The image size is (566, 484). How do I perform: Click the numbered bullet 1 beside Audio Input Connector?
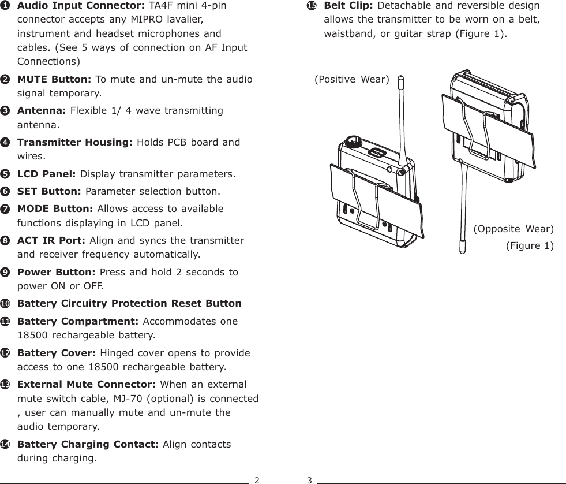(5, 6)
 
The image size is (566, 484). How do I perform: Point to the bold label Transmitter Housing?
(75, 142)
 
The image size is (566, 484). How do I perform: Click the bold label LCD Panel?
(47, 174)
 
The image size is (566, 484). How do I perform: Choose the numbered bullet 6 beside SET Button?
(5, 191)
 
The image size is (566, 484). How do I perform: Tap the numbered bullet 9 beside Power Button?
(5, 272)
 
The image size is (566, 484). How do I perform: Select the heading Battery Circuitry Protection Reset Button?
(129, 304)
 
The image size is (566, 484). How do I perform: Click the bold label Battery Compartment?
(77, 321)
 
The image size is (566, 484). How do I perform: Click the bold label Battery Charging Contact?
(88, 444)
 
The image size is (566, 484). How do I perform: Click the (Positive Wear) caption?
(351, 79)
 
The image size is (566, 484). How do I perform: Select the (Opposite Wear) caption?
(513, 229)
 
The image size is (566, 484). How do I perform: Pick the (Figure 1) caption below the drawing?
(529, 246)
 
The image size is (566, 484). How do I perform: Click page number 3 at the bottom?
(309, 479)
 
